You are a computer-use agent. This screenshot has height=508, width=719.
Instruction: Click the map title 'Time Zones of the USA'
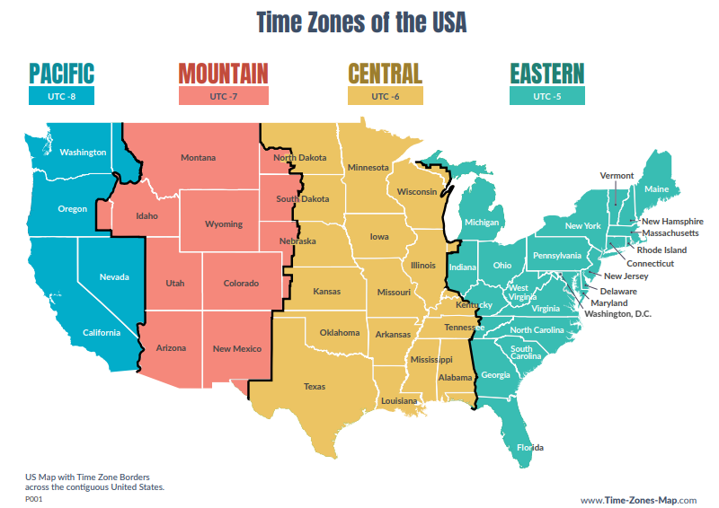tap(361, 22)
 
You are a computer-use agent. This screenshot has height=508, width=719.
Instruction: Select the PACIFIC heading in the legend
tap(61, 73)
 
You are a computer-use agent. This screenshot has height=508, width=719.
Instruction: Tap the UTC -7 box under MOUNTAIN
tap(223, 96)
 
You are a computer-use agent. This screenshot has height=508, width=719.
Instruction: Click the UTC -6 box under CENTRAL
tap(385, 96)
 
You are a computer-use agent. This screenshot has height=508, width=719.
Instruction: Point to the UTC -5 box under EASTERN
tap(546, 96)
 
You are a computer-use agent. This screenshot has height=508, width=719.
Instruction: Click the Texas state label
tap(315, 387)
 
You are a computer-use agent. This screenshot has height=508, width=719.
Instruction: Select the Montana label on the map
tap(198, 158)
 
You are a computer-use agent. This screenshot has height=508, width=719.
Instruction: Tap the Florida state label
tap(529, 447)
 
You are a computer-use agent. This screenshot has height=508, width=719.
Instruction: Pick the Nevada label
tap(114, 276)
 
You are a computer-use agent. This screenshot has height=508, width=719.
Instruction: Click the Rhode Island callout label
tap(661, 250)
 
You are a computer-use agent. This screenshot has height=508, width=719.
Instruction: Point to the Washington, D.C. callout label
tap(617, 314)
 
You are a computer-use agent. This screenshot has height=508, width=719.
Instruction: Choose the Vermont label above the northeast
tap(617, 176)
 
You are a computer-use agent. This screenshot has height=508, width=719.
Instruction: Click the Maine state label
tap(656, 189)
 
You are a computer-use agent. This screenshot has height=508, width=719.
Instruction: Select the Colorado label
tap(240, 284)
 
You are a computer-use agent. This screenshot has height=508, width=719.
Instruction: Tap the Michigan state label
tap(482, 223)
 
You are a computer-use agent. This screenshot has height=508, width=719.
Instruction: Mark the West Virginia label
tap(519, 292)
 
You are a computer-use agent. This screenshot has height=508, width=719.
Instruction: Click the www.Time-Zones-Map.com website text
tap(638, 500)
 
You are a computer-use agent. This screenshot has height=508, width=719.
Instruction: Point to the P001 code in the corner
tap(33, 499)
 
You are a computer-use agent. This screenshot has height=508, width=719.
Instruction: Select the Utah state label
tap(175, 284)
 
